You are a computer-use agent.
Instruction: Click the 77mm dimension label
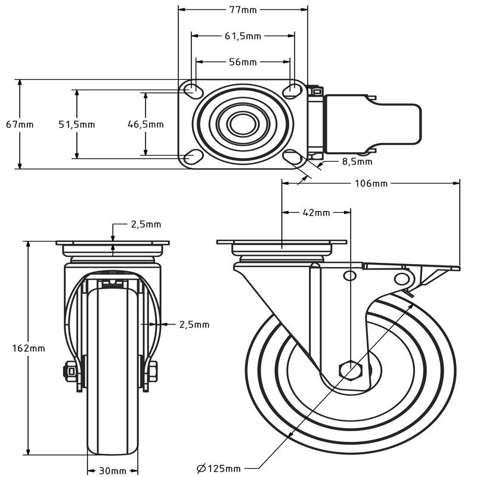pos(243,10)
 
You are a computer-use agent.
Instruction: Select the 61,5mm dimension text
pos(243,36)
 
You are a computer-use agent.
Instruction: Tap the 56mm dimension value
pos(243,62)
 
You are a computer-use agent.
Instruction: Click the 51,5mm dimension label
pos(76,124)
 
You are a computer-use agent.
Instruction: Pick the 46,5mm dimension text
pos(145,124)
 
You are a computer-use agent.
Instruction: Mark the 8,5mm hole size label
pos(357,161)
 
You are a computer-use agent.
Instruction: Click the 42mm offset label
pos(316,212)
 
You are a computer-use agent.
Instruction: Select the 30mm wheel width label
pos(113,471)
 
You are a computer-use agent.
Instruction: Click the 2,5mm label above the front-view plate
pos(146,225)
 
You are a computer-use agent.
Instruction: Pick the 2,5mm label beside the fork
pos(194,324)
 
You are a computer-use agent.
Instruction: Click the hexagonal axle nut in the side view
pos(349,369)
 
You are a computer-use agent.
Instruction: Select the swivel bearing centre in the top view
pos(241,123)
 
